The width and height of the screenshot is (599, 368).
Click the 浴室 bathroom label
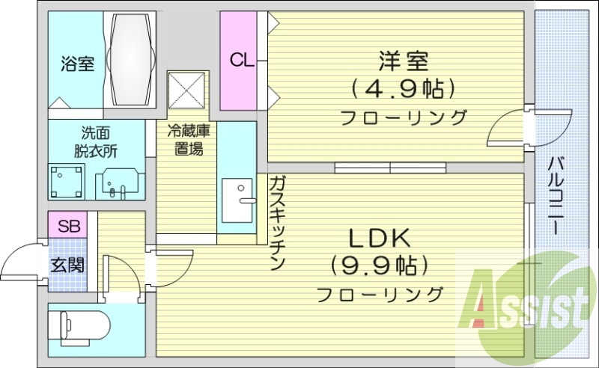click(77, 64)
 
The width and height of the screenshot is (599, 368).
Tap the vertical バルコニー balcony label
click(556, 196)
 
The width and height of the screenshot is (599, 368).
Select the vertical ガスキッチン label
click(276, 223)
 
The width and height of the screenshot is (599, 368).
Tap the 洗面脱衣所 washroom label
click(95, 142)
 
